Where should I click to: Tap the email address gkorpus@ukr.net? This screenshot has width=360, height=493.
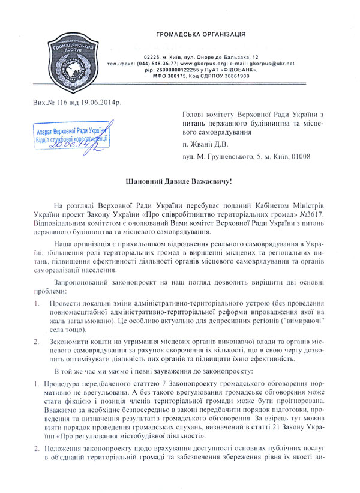pos(269,63)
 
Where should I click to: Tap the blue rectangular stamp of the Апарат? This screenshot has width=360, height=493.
pos(70,138)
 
